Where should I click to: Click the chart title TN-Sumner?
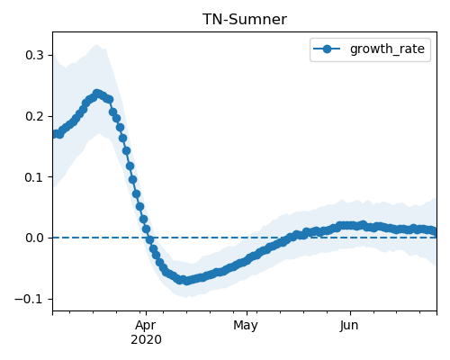(245, 19)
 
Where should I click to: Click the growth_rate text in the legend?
(387, 49)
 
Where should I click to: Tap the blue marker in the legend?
(327, 49)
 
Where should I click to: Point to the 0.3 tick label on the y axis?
(34, 55)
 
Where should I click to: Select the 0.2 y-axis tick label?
(34, 116)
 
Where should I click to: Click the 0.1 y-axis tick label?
(34, 177)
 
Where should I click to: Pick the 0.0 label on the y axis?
(34, 238)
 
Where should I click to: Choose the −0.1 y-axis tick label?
(29, 299)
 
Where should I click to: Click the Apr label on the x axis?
(146, 326)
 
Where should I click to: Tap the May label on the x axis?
(246, 326)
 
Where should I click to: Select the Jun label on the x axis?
(349, 326)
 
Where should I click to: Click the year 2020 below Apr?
(146, 340)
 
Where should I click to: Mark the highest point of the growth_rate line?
(96, 94)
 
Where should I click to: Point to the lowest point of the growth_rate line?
(186, 281)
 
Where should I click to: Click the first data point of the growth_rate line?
(56, 134)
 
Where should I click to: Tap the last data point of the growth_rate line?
(434, 231)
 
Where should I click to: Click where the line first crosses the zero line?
(149, 238)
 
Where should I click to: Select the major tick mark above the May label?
(247, 313)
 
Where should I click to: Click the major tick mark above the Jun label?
(350, 313)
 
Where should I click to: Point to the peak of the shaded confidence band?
(96, 45)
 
